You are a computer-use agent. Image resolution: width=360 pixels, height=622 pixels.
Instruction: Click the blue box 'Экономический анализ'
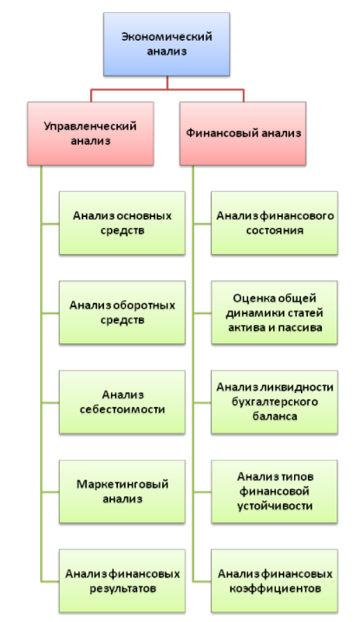(167, 44)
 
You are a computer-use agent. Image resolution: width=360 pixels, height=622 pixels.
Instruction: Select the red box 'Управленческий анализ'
(90, 134)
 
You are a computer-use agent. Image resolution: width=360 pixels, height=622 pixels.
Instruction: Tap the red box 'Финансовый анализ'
(243, 134)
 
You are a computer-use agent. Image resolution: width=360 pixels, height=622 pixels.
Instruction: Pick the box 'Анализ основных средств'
(122, 223)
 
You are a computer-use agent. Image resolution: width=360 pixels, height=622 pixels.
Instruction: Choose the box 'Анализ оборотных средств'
(122, 312)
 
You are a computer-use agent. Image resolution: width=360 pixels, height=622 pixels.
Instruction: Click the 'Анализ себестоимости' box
(122, 402)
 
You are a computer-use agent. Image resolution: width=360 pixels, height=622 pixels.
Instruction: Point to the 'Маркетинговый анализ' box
(122, 492)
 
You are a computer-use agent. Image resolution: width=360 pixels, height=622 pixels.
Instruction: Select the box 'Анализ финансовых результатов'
(122, 580)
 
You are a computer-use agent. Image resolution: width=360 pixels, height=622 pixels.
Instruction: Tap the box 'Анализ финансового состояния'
(274, 223)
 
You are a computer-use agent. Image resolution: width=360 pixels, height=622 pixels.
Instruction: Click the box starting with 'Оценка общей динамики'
(274, 312)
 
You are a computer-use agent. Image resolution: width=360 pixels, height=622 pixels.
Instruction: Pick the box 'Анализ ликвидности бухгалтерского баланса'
(274, 402)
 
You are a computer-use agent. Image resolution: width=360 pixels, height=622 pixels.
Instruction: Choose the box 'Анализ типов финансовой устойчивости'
(274, 492)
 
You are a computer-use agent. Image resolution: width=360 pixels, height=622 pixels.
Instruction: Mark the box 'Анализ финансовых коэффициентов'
(274, 580)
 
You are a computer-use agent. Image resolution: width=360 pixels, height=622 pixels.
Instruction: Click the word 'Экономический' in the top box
(167, 37)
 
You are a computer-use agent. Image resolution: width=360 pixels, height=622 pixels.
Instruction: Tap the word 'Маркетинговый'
(122, 484)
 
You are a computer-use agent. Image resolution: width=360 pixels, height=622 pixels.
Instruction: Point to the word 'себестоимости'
(122, 409)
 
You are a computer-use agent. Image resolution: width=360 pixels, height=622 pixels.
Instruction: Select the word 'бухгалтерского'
(275, 402)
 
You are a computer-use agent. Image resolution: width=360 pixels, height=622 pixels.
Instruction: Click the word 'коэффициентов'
(275, 588)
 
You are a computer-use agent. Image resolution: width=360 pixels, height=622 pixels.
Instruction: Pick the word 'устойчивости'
(275, 506)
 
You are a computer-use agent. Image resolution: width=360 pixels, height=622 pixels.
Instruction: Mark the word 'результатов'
(122, 588)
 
